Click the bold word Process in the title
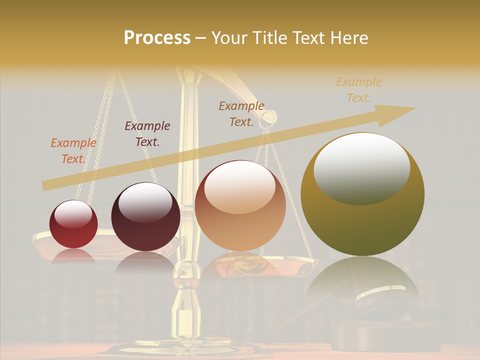(x=157, y=37)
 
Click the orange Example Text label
(x=73, y=151)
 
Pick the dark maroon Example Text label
(x=147, y=134)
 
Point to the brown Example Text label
(x=241, y=113)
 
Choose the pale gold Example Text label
(x=358, y=90)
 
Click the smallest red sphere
(x=73, y=224)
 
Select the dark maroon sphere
(x=145, y=216)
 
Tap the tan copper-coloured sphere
(x=240, y=205)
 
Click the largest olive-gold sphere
(x=362, y=194)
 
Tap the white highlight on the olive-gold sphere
(x=361, y=168)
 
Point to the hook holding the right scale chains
(x=269, y=118)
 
